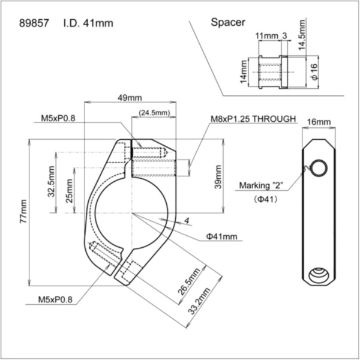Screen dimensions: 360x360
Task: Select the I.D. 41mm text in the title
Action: (x=88, y=24)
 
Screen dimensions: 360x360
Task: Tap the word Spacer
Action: (x=228, y=22)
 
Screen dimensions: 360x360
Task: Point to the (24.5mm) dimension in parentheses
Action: (x=154, y=112)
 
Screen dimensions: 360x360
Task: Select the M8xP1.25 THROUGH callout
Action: (x=254, y=119)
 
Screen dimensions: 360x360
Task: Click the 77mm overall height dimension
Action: (x=23, y=212)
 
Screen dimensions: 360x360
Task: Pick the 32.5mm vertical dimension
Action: (x=52, y=182)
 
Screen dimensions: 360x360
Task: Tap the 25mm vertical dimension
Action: (x=70, y=191)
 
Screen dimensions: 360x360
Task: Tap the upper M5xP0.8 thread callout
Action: (x=58, y=119)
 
